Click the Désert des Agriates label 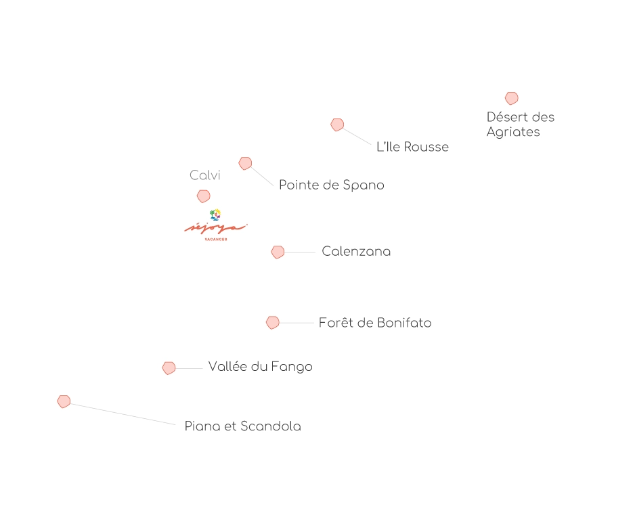[520, 125]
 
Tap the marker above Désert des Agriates [511, 99]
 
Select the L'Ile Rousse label [412, 147]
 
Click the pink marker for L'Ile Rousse [337, 125]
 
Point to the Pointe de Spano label [331, 185]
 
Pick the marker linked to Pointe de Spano [245, 163]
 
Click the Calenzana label [356, 252]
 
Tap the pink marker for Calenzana [278, 252]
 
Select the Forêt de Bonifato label [375, 323]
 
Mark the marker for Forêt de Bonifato [273, 323]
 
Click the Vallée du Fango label [260, 367]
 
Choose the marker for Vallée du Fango [169, 368]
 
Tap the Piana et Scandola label [242, 426]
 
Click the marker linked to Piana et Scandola [64, 401]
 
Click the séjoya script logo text [215, 229]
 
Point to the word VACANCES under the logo [215, 240]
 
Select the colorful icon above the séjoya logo [215, 215]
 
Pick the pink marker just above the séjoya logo [203, 196]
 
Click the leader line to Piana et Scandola [122, 413]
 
